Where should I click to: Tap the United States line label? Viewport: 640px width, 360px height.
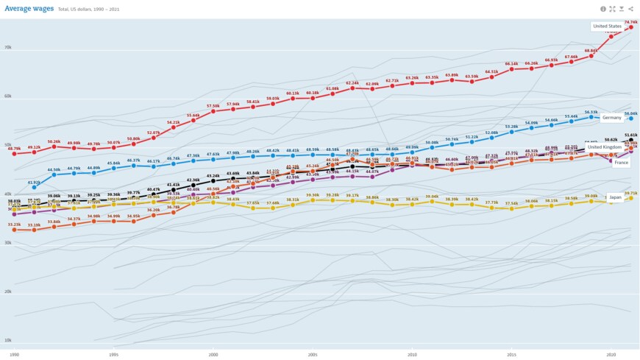click(x=607, y=27)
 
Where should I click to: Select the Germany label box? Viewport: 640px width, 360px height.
click(x=611, y=117)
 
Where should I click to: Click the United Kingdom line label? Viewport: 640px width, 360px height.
click(x=605, y=147)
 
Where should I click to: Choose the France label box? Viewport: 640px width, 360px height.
click(x=621, y=162)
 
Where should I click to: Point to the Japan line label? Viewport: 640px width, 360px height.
click(x=616, y=197)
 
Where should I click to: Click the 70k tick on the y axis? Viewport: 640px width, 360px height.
click(x=7, y=47)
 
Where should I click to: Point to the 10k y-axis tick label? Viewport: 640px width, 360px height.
click(x=7, y=340)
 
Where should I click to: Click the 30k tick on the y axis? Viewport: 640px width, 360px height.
click(x=7, y=242)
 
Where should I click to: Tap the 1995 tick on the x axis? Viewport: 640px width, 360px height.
click(x=114, y=354)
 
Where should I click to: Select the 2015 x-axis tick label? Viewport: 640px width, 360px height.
click(x=511, y=354)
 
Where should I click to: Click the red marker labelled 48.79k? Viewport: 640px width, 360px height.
click(x=14, y=154)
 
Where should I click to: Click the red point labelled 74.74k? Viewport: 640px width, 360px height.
click(x=630, y=27)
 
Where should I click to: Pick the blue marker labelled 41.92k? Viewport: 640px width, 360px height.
click(x=34, y=188)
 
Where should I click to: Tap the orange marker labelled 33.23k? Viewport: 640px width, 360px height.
click(x=14, y=230)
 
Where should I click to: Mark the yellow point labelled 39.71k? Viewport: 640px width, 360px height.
click(x=630, y=198)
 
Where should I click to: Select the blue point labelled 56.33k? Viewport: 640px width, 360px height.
click(x=591, y=117)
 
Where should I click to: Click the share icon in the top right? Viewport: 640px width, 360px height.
click(x=630, y=9)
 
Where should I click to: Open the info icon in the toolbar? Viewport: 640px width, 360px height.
click(x=603, y=9)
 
